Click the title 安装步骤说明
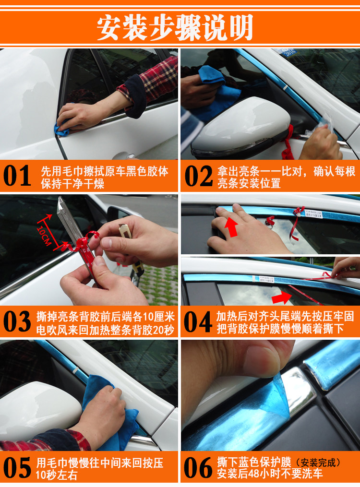[175, 28]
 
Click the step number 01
[17, 176]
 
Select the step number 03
[17, 322]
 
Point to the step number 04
[198, 322]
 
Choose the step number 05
[17, 467]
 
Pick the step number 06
[198, 467]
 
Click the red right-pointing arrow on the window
[282, 298]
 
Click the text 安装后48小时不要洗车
[270, 474]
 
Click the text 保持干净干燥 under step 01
[72, 184]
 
